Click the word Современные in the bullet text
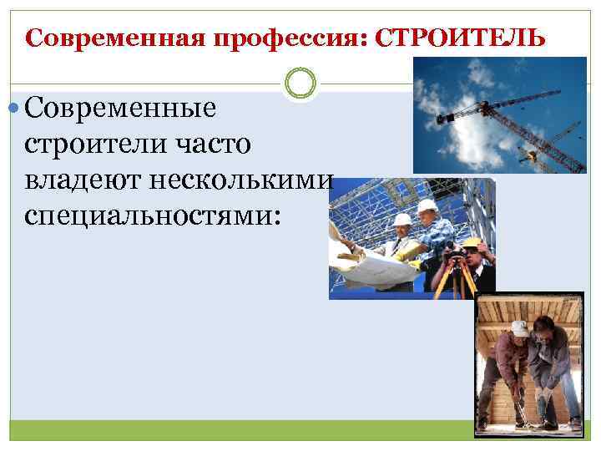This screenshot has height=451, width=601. tap(121, 108)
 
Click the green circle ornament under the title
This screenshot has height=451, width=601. tap(300, 84)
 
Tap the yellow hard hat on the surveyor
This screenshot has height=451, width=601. tap(472, 242)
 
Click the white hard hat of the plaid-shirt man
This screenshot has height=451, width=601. tap(427, 205)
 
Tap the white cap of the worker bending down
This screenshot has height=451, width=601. tap(520, 328)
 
